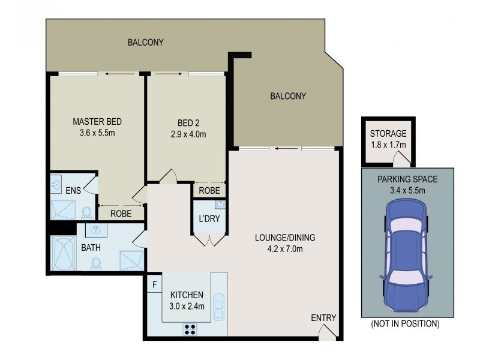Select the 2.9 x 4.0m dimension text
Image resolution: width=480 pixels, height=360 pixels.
point(188,134)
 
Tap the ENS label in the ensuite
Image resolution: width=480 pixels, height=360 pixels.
point(73,191)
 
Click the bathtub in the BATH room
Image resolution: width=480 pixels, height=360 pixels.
point(64,256)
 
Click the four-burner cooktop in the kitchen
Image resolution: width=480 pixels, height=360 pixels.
point(191,328)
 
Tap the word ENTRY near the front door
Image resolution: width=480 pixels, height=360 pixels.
point(323,318)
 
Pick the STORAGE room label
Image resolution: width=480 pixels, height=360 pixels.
point(388,133)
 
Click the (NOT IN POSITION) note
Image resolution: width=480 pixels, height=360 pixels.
point(404,324)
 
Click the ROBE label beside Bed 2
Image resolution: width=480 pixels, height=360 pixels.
point(209,191)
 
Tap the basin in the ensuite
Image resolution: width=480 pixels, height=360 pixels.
point(55,182)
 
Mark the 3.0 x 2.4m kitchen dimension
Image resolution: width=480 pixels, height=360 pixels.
point(187,305)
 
